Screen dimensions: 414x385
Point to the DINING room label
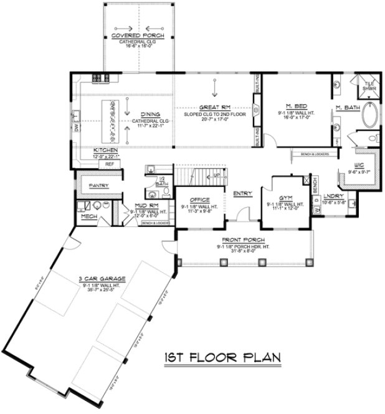150,115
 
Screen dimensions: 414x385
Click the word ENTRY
241,193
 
